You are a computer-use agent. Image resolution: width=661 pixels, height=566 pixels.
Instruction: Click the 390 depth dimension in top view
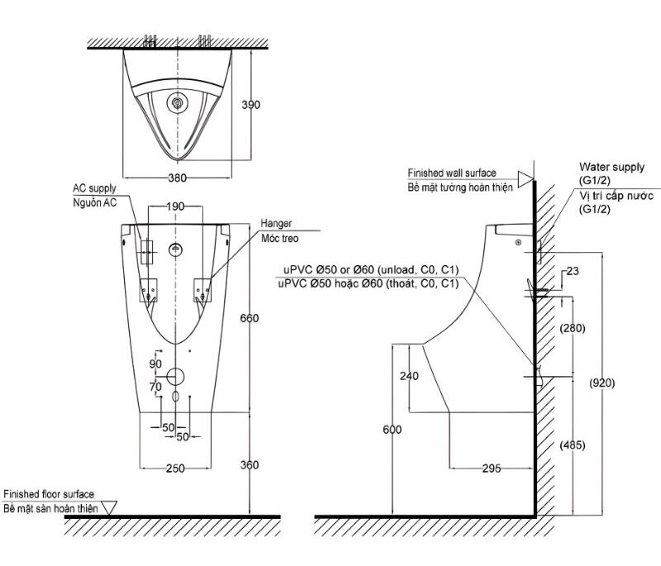[x=251, y=104]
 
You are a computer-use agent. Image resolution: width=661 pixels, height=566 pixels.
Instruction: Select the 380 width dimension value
[x=178, y=178]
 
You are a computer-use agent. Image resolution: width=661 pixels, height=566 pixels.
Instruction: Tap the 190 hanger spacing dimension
[x=175, y=207]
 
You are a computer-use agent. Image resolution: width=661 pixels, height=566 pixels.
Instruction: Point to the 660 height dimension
[x=250, y=318]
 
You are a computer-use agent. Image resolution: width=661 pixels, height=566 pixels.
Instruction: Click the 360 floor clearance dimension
[x=250, y=465]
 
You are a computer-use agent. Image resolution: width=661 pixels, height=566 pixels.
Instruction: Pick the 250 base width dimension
[x=175, y=468]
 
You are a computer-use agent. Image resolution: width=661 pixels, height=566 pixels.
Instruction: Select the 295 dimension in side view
[x=492, y=468]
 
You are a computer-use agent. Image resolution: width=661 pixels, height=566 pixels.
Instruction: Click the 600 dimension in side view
[x=392, y=430]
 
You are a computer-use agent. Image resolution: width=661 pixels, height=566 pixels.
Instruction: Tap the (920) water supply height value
[x=602, y=383]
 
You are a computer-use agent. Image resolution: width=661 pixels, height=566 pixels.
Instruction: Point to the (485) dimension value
[x=573, y=445]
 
